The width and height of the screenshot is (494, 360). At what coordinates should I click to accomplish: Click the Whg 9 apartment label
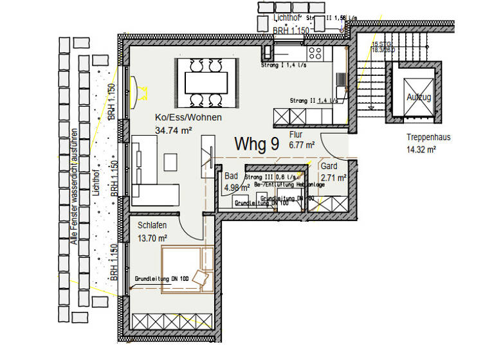pyautogui.click(x=256, y=143)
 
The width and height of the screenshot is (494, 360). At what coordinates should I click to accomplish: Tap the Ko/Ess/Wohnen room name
pyautogui.click(x=188, y=118)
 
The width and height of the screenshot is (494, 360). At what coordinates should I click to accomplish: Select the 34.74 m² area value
pyautogui.click(x=174, y=130)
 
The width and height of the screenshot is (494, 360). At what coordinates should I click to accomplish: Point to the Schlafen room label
pyautogui.click(x=153, y=225)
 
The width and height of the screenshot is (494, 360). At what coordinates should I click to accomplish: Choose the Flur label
pyautogui.click(x=296, y=135)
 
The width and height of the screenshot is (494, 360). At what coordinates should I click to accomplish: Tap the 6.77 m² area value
pyautogui.click(x=302, y=145)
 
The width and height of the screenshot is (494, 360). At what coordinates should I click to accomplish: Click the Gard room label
pyautogui.click(x=329, y=166)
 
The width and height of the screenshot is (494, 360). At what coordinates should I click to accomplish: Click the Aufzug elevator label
pyautogui.click(x=418, y=97)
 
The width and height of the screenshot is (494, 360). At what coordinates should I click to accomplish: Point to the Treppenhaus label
pyautogui.click(x=428, y=138)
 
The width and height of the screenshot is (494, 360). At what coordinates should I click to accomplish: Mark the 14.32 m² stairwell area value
pyautogui.click(x=421, y=149)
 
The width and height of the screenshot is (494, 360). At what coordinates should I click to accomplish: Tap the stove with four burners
pyautogui.click(x=315, y=52)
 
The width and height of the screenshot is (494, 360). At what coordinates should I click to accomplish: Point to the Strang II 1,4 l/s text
pyautogui.click(x=313, y=101)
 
